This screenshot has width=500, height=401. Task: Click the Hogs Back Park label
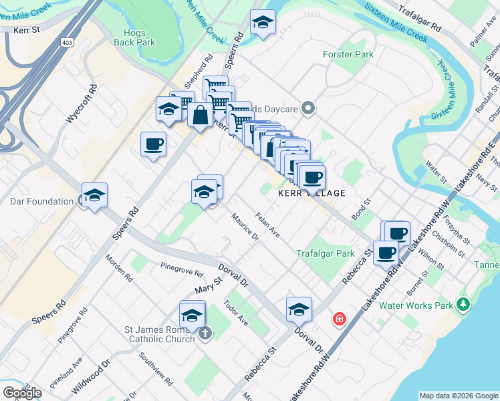coord(139,37)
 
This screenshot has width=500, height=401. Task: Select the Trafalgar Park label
coord(326,253)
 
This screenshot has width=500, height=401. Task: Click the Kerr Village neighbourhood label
coord(311,193)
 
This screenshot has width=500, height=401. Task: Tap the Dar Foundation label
coord(41,201)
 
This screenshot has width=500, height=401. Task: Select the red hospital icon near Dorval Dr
coord(340,319)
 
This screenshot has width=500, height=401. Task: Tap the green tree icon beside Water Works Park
coord(463,305)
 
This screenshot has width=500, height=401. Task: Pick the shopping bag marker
coord(201,114)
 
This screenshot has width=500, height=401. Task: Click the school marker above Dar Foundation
coord(94,195)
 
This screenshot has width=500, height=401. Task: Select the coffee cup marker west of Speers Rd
coord(153,144)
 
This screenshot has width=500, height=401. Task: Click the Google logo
coord(22,392)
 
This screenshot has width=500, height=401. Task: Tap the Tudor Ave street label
coord(235,313)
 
